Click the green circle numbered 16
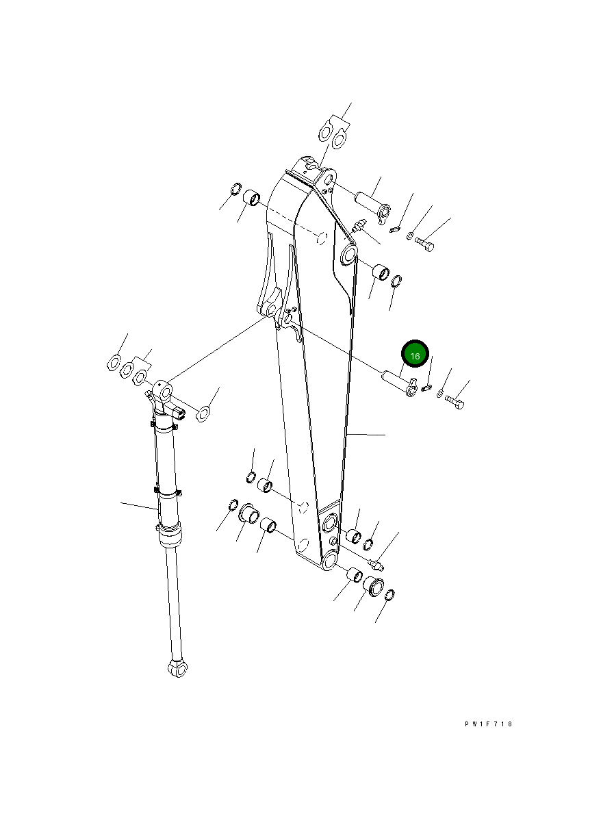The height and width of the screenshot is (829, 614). (414, 354)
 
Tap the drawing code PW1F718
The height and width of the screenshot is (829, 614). (488, 724)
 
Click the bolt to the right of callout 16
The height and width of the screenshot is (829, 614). (455, 403)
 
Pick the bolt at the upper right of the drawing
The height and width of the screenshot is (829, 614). (424, 245)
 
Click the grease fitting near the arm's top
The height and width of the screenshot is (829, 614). (359, 226)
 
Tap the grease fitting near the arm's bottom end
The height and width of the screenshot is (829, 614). (376, 565)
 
